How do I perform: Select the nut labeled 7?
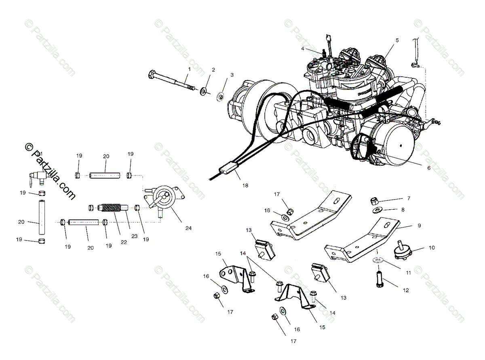pyautogui.click(x=374, y=201)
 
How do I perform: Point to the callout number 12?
pyautogui.click(x=405, y=290)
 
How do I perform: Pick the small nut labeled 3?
pyautogui.click(x=220, y=97)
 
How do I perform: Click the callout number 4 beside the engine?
pyautogui.click(x=302, y=48)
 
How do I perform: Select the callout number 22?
pyautogui.click(x=124, y=242)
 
